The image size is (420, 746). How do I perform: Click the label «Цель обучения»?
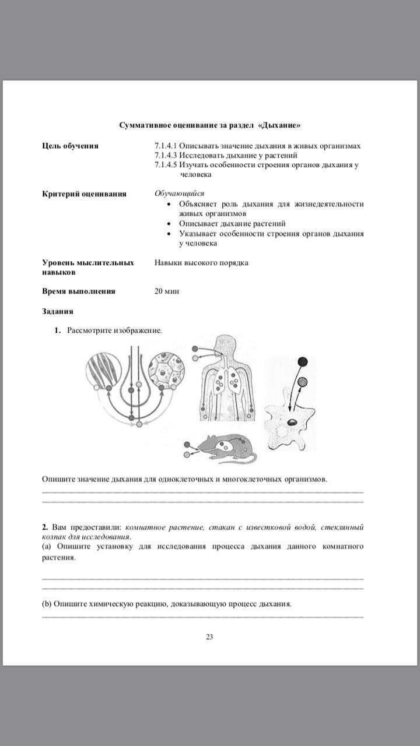(70, 146)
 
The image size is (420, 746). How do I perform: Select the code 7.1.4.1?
(166, 146)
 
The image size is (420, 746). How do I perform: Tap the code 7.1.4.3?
(166, 156)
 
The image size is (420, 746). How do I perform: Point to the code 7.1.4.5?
(166, 165)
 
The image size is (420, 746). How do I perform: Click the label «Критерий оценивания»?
(84, 193)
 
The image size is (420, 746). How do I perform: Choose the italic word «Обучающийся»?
(179, 193)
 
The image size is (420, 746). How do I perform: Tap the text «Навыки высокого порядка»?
(201, 263)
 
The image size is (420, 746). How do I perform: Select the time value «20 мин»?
(167, 291)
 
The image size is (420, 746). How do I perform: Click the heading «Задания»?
(57, 311)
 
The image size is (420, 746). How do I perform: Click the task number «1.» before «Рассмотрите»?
(58, 330)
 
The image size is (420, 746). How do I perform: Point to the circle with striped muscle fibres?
(104, 371)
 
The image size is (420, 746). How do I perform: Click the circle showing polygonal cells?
(167, 371)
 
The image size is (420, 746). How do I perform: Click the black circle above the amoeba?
(302, 361)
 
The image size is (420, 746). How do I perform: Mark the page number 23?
(209, 636)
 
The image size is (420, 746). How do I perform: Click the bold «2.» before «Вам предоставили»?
(45, 527)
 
